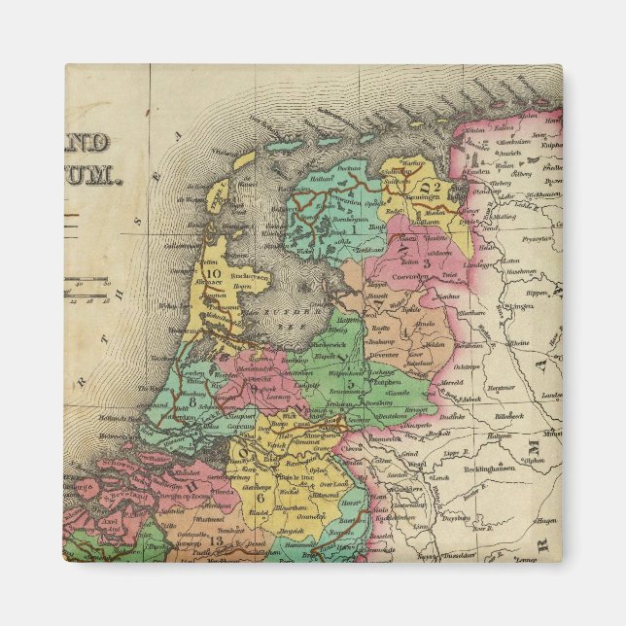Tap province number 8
pyautogui.click(x=192, y=400)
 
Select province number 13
pyautogui.click(x=214, y=539)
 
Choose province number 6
pyautogui.click(x=260, y=497)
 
